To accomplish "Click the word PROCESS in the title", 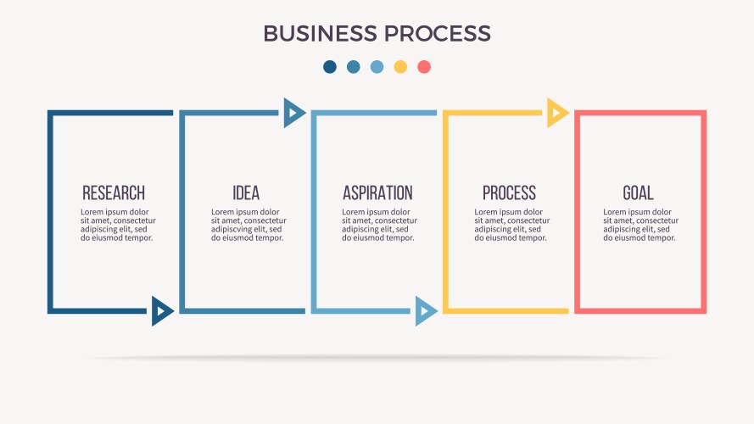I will [438, 33].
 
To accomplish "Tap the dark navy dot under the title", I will [330, 66].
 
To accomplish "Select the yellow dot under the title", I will [400, 66].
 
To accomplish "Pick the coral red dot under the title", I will [424, 66].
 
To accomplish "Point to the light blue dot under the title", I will [377, 66].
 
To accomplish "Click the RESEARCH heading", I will [114, 193].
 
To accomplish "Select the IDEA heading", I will [246, 193].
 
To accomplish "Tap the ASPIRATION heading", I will [377, 193].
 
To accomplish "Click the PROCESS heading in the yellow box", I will [509, 193].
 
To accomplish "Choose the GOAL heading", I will [638, 193].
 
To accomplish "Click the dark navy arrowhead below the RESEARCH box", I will [162, 311].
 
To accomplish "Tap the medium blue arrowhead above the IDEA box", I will [293, 112].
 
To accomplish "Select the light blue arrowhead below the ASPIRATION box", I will [425, 311].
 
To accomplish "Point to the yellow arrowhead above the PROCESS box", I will [556, 112].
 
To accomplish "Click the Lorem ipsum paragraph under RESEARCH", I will [118, 225].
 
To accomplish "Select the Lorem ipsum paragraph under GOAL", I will [640, 225].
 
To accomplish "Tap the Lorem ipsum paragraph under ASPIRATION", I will [379, 225].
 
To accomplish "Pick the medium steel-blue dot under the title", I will [354, 66].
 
